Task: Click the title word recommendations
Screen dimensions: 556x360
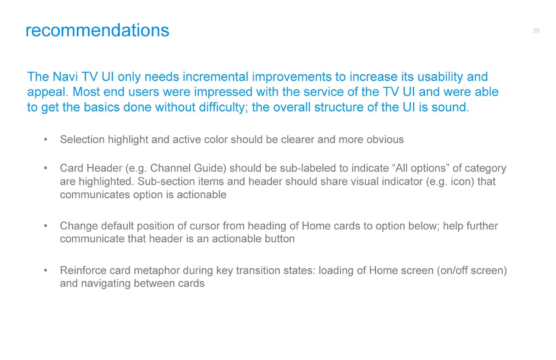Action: pos(97,30)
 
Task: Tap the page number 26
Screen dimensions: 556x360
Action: pos(536,30)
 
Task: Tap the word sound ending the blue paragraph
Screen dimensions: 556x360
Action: pos(450,107)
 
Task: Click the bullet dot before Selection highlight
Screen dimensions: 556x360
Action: pos(45,140)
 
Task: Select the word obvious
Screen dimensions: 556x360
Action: pos(385,140)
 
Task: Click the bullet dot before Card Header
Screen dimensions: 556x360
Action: pos(45,168)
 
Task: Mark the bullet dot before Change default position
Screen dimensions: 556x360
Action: pos(45,226)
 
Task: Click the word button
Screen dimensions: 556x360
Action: pos(279,239)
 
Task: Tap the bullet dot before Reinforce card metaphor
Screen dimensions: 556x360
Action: pos(45,270)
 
